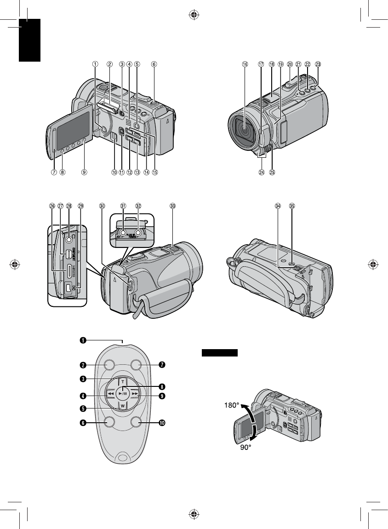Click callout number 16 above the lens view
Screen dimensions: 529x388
(245, 65)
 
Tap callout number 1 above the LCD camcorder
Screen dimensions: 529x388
(95, 65)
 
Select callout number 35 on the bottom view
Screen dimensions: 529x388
(291, 207)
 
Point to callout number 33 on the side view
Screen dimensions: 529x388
(172, 207)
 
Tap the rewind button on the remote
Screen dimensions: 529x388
(110, 395)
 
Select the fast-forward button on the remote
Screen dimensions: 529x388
(134, 395)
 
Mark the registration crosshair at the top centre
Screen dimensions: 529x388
(194, 15)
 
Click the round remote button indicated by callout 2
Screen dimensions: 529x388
(109, 365)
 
